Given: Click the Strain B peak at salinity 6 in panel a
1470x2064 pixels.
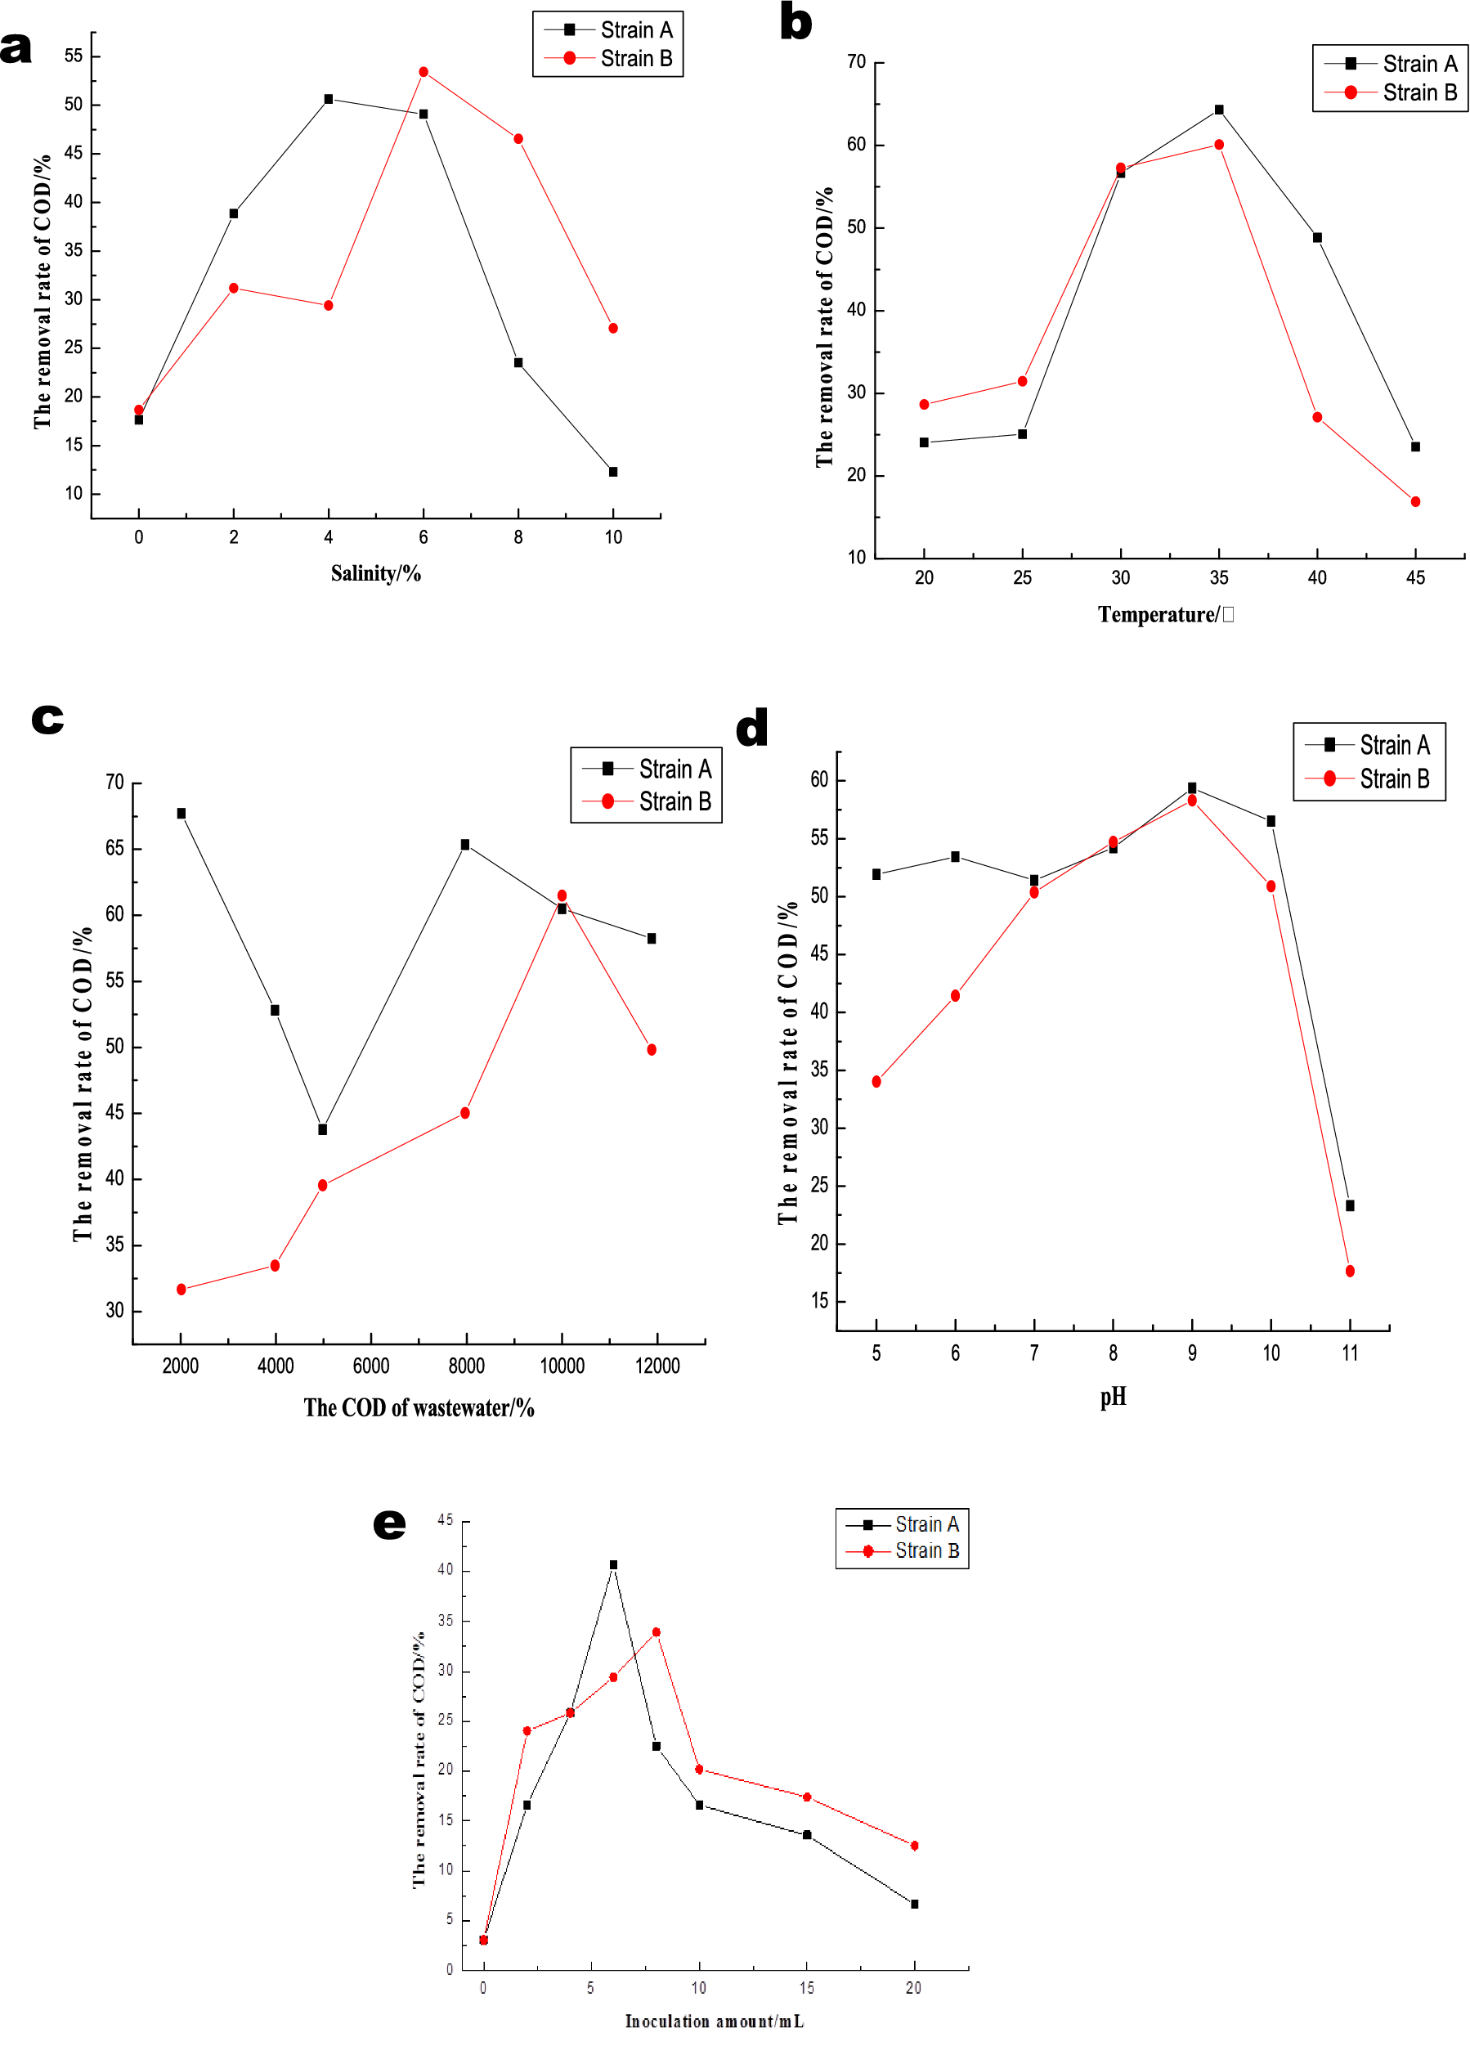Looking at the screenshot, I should point(423,71).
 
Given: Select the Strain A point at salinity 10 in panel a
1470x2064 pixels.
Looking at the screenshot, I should point(613,472).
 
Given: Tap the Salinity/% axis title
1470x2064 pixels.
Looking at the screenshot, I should point(375,573).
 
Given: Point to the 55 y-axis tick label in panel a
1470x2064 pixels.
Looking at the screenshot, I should point(74,56).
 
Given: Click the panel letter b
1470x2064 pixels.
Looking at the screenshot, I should point(796,22).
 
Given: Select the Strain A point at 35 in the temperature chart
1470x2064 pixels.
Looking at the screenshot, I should point(1218,110).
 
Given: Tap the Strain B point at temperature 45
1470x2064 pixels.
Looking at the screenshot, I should point(1414,501).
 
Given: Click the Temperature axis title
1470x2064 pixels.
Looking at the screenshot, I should point(1165,615).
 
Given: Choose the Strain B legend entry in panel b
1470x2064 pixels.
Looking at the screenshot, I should point(1418,92).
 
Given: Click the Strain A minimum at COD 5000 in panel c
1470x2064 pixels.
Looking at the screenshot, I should point(322,1130).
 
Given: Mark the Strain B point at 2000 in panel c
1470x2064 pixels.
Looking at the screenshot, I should point(181,1289).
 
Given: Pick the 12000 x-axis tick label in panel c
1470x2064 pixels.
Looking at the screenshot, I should point(657,1366).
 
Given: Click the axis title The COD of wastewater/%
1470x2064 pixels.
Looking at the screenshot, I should point(419,1407).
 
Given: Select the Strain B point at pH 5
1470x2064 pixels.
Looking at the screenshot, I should point(876,1082).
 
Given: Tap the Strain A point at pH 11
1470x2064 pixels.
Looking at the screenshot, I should point(1350,1206).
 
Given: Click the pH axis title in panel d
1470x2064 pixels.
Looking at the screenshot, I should point(1113,1397).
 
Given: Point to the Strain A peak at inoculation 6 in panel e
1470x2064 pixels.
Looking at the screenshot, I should point(613,1564).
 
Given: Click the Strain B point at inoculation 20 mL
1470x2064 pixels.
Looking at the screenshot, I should point(914,1846).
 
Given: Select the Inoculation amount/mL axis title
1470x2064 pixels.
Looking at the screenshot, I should point(715,2021).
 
